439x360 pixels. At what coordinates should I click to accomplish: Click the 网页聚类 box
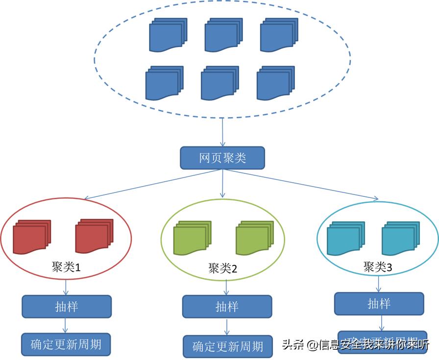(222, 158)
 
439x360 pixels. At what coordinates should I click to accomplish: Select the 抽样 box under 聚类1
(67, 307)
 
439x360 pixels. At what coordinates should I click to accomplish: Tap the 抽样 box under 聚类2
(227, 307)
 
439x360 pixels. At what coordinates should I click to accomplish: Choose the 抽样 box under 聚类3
(379, 304)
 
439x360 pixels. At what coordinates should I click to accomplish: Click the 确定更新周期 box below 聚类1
(66, 344)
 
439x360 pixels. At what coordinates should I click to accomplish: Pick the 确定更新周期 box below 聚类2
(227, 347)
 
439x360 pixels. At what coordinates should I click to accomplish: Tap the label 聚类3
(377, 267)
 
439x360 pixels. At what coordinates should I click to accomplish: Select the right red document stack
(94, 236)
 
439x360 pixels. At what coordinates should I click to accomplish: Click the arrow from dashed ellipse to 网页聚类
(223, 132)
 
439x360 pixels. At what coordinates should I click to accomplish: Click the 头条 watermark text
(293, 345)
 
